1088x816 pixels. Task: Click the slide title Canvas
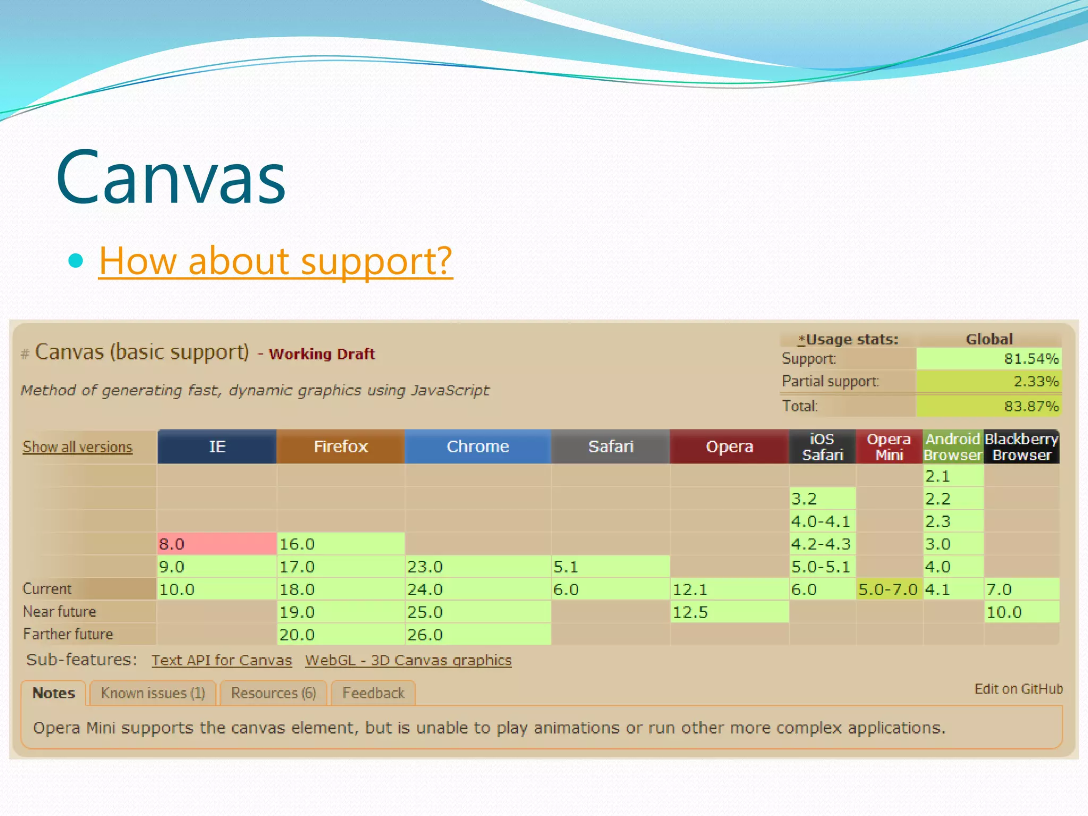coord(171,178)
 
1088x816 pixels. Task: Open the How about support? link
coord(276,261)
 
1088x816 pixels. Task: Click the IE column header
coord(217,447)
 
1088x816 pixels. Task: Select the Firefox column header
coord(341,447)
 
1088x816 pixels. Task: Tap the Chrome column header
coord(478,447)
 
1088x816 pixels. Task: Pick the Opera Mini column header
coord(889,447)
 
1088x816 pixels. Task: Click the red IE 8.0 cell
coord(217,544)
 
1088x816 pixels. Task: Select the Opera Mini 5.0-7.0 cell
coord(888,589)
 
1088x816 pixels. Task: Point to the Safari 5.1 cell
coord(610,567)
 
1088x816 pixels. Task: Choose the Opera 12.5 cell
coord(729,612)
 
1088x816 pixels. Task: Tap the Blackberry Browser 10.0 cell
coord(1021,612)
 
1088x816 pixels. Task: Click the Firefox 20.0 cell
coord(341,635)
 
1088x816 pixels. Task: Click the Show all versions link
coord(78,447)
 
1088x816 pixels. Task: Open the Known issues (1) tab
coord(153,693)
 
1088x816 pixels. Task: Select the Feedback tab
coord(373,693)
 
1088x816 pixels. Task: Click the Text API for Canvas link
coord(222,660)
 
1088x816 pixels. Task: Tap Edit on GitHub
coord(1018,689)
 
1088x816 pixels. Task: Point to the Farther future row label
coord(68,634)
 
